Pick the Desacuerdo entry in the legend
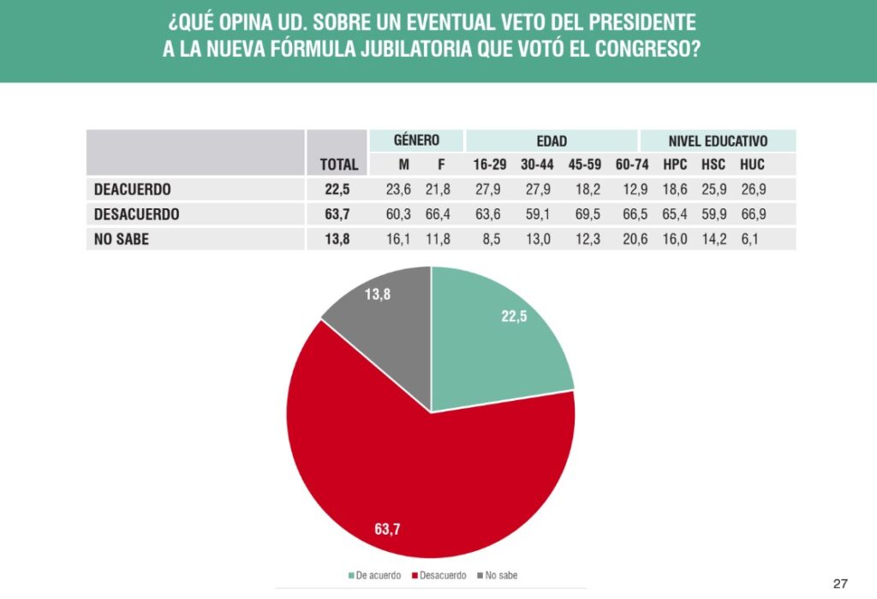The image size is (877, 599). (x=439, y=575)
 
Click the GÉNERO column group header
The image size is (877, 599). (x=416, y=141)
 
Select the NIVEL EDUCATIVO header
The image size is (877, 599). (x=718, y=141)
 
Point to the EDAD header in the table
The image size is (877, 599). (x=552, y=141)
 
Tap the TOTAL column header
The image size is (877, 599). (x=339, y=164)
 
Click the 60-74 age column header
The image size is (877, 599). (x=631, y=164)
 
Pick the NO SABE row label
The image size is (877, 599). (x=121, y=239)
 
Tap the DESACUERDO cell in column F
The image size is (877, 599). (x=442, y=213)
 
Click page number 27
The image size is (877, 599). (x=840, y=584)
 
